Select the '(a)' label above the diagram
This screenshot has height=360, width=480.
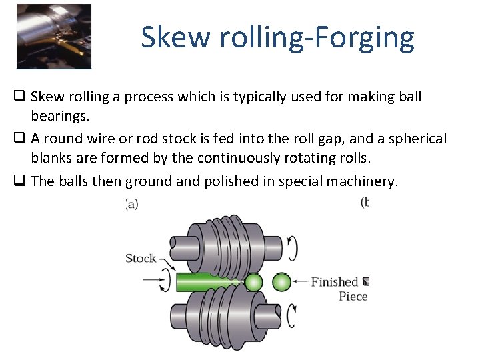131,204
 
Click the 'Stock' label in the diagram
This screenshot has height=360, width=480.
141,258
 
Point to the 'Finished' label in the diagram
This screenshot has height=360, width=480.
335,282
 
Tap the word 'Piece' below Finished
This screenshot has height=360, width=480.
353,297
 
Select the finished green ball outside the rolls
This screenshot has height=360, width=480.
281,282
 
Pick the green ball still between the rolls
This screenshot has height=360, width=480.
253,283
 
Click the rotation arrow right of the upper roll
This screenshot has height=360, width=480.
291,249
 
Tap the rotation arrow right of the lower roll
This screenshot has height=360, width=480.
291,316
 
